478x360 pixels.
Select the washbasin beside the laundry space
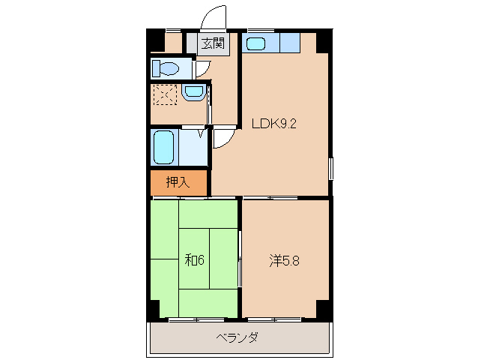pos(193,93)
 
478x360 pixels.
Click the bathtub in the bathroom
pos(163,147)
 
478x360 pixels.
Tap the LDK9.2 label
pos(274,124)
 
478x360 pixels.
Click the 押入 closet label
pos(177,181)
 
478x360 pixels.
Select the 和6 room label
pos(194,260)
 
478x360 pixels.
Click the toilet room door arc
pos(201,70)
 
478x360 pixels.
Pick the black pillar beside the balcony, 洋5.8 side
pos(323,309)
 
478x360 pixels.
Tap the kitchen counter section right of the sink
pos(289,43)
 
